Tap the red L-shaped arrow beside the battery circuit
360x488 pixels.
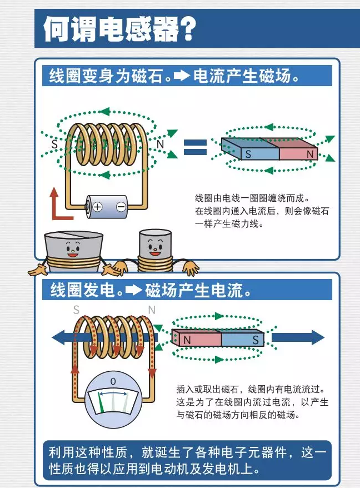pyautogui.click(x=56, y=206)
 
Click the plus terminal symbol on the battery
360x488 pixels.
pyautogui.click(x=97, y=207)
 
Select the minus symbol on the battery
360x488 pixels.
pyautogui.click(x=121, y=207)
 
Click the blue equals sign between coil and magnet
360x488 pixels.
pyautogui.click(x=195, y=147)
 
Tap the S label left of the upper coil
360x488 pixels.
pyautogui.click(x=54, y=143)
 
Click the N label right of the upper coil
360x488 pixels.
pyautogui.click(x=161, y=144)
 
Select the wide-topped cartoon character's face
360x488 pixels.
pyautogui.click(x=73, y=244)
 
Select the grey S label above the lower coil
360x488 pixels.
pyautogui.click(x=77, y=310)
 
